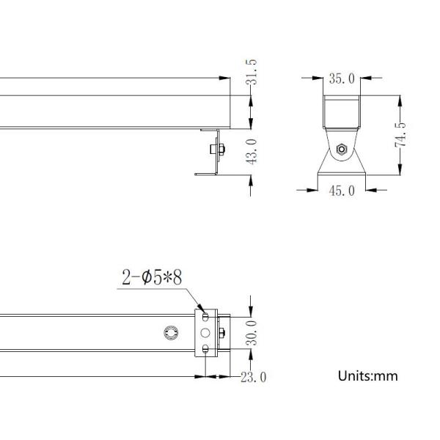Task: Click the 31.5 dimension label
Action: pyautogui.click(x=251, y=72)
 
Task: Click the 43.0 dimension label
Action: pyautogui.click(x=252, y=152)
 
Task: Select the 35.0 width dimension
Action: pyautogui.click(x=342, y=78)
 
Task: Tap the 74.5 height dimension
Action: pyautogui.click(x=400, y=134)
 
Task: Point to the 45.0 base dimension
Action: pyautogui.click(x=342, y=191)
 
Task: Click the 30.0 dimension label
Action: pyautogui.click(x=252, y=333)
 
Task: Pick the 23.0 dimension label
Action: pyautogui.click(x=254, y=377)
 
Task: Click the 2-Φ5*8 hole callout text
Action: pyautogui.click(x=152, y=277)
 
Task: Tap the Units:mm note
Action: pyautogui.click(x=367, y=376)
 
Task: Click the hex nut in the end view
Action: pyautogui.click(x=342, y=150)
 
